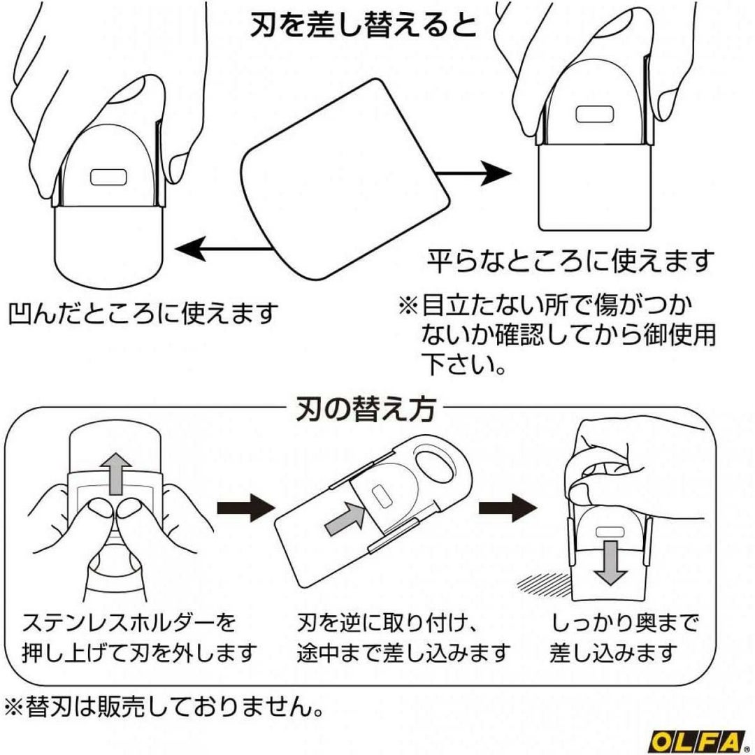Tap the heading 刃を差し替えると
(364, 26)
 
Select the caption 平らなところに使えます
(571, 260)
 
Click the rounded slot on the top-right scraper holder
(594, 114)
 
